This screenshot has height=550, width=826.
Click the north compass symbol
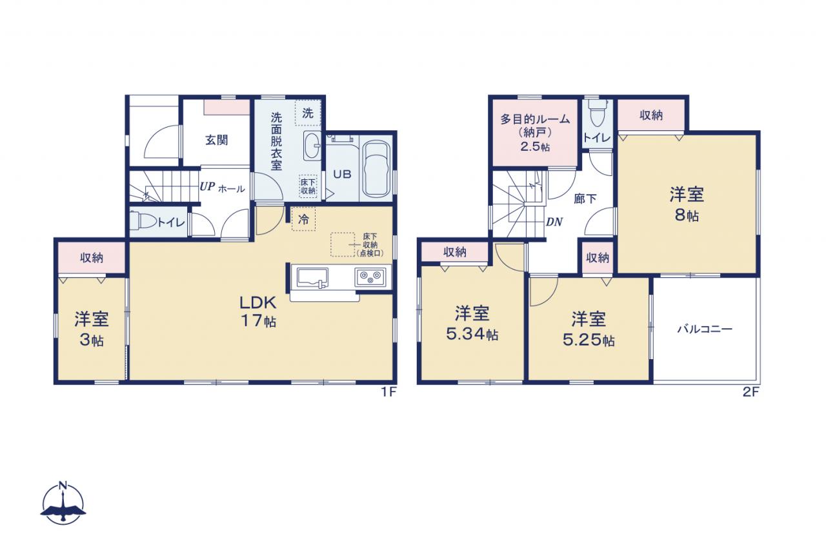click(63, 503)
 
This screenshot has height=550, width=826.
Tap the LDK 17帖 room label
click(258, 311)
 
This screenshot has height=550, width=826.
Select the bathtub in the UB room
click(376, 170)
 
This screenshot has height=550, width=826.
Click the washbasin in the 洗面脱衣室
click(312, 146)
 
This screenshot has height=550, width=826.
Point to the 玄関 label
click(216, 140)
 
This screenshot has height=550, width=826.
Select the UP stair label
click(207, 187)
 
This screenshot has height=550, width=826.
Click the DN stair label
click(554, 222)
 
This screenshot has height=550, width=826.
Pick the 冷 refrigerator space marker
click(303, 220)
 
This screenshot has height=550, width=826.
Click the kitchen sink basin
click(312, 277)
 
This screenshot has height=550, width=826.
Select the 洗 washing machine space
click(308, 113)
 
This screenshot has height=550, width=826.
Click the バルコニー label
click(705, 329)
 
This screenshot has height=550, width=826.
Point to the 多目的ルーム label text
click(535, 119)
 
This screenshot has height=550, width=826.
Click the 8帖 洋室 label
click(687, 204)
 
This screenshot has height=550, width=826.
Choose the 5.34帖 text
click(472, 335)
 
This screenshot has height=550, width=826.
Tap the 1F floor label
click(388, 392)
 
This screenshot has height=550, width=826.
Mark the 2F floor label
click(750, 392)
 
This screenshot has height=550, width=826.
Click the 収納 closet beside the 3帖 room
click(92, 258)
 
